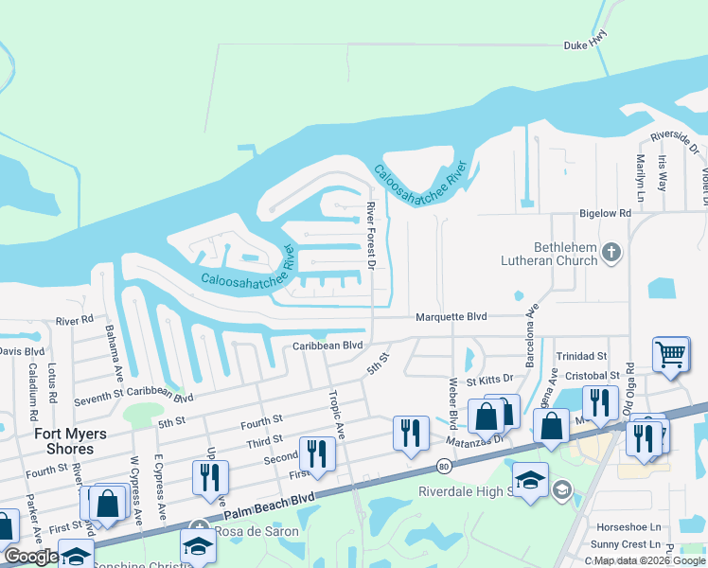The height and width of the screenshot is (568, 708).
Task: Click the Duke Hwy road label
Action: (x=584, y=44)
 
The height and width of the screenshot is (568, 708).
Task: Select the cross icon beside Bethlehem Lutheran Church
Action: (x=611, y=252)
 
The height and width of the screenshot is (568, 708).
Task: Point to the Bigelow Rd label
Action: (x=605, y=214)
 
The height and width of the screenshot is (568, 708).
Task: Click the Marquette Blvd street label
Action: (x=451, y=317)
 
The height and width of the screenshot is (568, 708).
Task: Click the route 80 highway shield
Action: (x=444, y=466)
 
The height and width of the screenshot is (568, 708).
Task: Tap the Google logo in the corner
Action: (x=30, y=557)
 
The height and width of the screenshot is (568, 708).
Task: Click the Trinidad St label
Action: (x=581, y=356)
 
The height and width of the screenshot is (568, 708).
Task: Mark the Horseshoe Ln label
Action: (x=628, y=526)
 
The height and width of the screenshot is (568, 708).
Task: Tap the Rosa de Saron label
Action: (x=257, y=531)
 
